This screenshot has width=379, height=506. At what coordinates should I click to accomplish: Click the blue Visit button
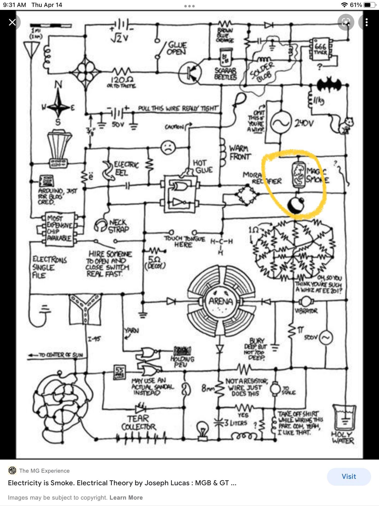349,476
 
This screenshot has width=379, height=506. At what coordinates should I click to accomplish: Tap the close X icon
12,22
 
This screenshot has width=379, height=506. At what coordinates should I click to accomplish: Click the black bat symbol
329,85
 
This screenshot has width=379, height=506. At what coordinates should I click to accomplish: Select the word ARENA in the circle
221,301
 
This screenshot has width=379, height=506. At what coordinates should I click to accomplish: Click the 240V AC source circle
280,123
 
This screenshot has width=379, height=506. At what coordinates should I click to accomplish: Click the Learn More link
126,497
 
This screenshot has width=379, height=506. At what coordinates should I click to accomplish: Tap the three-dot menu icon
366,22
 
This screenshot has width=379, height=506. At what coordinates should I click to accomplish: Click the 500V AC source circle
326,338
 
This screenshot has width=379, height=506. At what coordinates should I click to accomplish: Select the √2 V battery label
120,38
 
